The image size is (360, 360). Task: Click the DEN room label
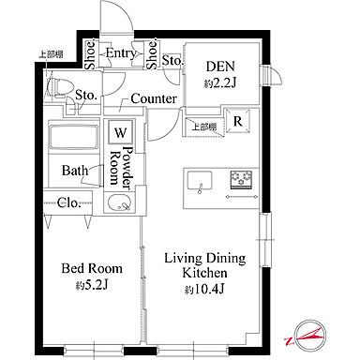220,67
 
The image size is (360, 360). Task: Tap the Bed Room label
92,268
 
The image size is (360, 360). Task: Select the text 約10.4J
204,290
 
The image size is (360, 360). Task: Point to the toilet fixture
59,86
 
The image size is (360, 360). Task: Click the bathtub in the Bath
73,136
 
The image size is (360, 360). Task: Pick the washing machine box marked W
120,132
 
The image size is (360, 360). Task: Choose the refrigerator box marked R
238,121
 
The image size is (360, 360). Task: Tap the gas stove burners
241,180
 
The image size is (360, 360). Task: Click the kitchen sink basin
200,181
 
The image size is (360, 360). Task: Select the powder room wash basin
120,202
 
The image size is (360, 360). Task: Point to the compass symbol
309,336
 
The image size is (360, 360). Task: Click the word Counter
154,98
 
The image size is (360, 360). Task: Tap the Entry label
121,53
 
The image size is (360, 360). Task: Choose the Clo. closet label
69,203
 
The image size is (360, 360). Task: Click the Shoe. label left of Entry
91,55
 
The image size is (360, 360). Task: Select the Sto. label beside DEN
172,60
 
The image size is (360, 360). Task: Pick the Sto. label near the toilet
85,95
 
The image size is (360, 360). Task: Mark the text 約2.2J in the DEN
220,83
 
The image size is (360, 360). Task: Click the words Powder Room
120,168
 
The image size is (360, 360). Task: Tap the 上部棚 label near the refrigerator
204,127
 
